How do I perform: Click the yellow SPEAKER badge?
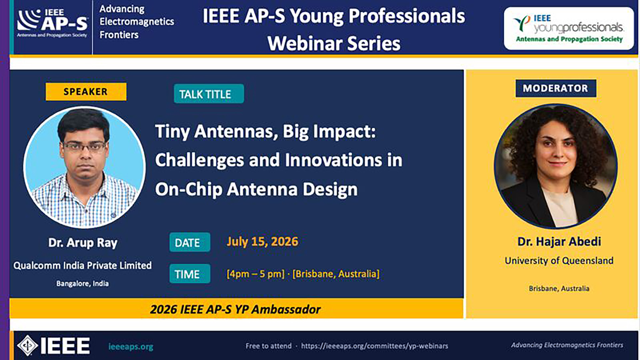(x=86, y=92)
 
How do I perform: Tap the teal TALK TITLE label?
(x=209, y=94)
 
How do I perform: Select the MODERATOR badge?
(x=556, y=88)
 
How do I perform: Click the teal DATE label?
(x=190, y=242)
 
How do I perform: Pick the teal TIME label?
(x=190, y=274)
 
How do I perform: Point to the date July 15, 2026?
(x=262, y=242)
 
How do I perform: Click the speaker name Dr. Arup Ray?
(x=83, y=243)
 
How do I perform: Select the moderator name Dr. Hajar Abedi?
(x=559, y=242)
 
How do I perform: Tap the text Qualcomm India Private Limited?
(x=82, y=265)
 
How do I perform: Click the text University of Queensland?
(x=559, y=260)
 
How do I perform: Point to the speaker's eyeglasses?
(x=84, y=146)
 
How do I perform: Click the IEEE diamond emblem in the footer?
(x=27, y=345)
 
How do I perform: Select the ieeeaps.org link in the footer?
(x=131, y=347)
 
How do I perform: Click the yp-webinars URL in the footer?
(x=375, y=346)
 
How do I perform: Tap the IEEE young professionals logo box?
(x=569, y=29)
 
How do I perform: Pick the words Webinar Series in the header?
(x=334, y=44)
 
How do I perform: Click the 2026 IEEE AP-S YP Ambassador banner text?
(x=235, y=309)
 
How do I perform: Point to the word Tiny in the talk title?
(x=172, y=132)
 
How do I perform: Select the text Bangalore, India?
(x=82, y=283)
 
